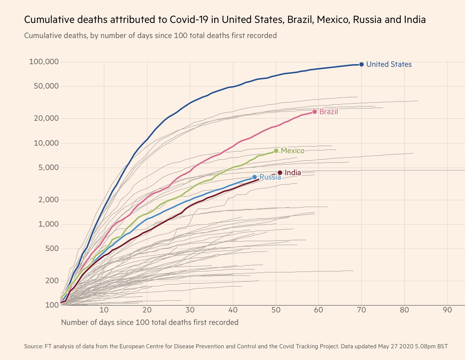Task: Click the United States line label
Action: coord(389,65)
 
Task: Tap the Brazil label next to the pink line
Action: coord(329,112)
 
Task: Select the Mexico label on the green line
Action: coord(293,151)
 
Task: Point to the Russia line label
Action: coord(270,178)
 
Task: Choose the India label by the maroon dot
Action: coord(293,173)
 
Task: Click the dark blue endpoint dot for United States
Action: coord(361,65)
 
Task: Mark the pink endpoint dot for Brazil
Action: coord(314,112)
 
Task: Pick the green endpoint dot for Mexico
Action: coord(276,151)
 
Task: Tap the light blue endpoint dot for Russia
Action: coord(255,177)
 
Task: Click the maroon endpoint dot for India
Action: coord(280,173)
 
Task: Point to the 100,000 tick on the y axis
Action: coord(44,62)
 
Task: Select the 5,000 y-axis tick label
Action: coord(48,168)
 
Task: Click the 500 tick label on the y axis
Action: coord(51,249)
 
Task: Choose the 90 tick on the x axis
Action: coord(448,310)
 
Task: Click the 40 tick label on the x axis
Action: coord(233,310)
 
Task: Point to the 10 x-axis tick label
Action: coord(104,310)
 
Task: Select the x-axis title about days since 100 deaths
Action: coord(150,322)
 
